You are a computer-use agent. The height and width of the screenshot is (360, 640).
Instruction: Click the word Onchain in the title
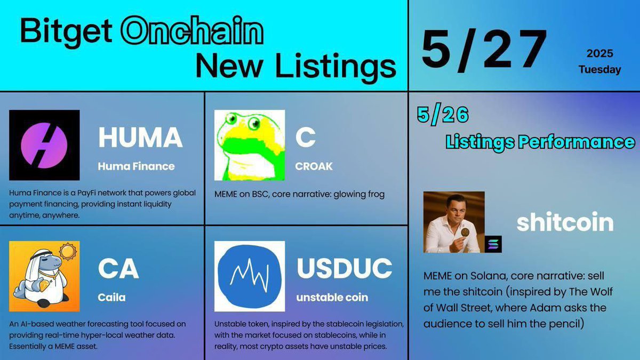point(192,31)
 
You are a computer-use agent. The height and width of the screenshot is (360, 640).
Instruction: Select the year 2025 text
point(600,53)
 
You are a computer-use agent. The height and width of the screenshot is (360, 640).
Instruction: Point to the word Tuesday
point(599,70)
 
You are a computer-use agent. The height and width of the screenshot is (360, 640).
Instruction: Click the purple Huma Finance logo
point(44,145)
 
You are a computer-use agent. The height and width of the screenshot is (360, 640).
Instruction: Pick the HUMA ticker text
point(140,138)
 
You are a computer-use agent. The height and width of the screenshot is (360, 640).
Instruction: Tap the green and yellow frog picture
point(250,145)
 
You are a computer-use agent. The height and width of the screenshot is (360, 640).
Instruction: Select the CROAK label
point(314,166)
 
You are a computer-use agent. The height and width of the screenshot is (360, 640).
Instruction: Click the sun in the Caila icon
point(68,251)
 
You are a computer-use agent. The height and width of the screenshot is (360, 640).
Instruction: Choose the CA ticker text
point(118,269)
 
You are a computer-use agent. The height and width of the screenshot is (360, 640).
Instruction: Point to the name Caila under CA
point(111,298)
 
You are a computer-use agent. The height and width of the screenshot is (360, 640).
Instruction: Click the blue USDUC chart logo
point(250,276)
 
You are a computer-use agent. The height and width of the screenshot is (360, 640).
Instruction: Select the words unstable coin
point(332,298)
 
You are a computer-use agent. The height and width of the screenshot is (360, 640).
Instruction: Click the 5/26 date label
point(443,115)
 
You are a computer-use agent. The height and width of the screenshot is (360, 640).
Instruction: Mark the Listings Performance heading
point(540,142)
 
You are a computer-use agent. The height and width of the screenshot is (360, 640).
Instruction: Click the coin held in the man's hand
point(465,233)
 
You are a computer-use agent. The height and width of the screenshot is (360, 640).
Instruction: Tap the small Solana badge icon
point(493,244)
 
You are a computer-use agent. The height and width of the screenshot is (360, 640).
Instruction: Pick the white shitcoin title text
point(565,222)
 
